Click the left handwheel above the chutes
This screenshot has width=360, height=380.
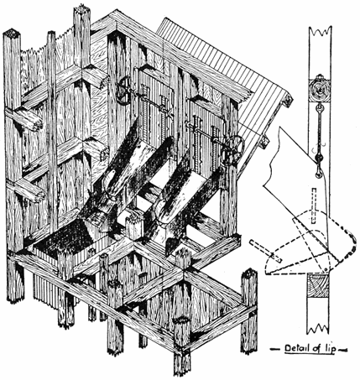pyautogui.click(x=124, y=92)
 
